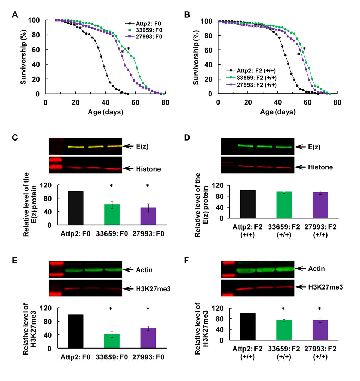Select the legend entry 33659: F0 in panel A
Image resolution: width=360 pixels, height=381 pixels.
pos(143,24)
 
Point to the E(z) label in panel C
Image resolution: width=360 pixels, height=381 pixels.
pos(139,146)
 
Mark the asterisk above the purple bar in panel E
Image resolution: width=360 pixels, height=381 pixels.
pos(148,309)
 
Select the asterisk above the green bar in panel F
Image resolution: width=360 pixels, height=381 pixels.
pos(283,309)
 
